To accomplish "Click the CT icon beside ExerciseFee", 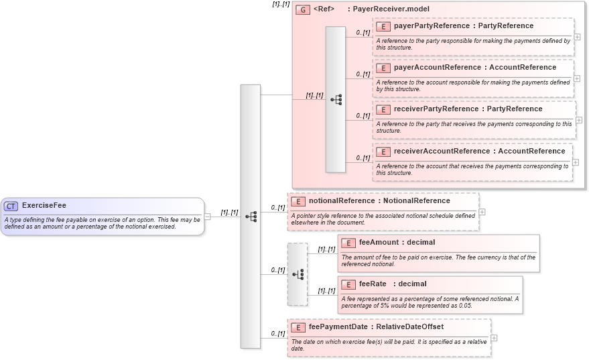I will tap(11, 206).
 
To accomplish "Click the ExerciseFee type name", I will tap(44, 206).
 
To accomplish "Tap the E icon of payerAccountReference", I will tap(383, 68).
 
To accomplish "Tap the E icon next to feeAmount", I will tap(348, 243).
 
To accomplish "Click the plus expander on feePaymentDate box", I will tap(494, 338).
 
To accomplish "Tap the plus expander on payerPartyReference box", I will tap(577, 37).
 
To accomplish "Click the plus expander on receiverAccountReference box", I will tap(576, 162).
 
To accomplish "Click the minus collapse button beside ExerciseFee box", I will tap(208, 217).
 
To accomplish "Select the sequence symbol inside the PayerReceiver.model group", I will tap(336, 99).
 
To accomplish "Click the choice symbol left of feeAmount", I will tap(298, 274).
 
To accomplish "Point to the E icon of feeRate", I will tap(348, 284).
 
